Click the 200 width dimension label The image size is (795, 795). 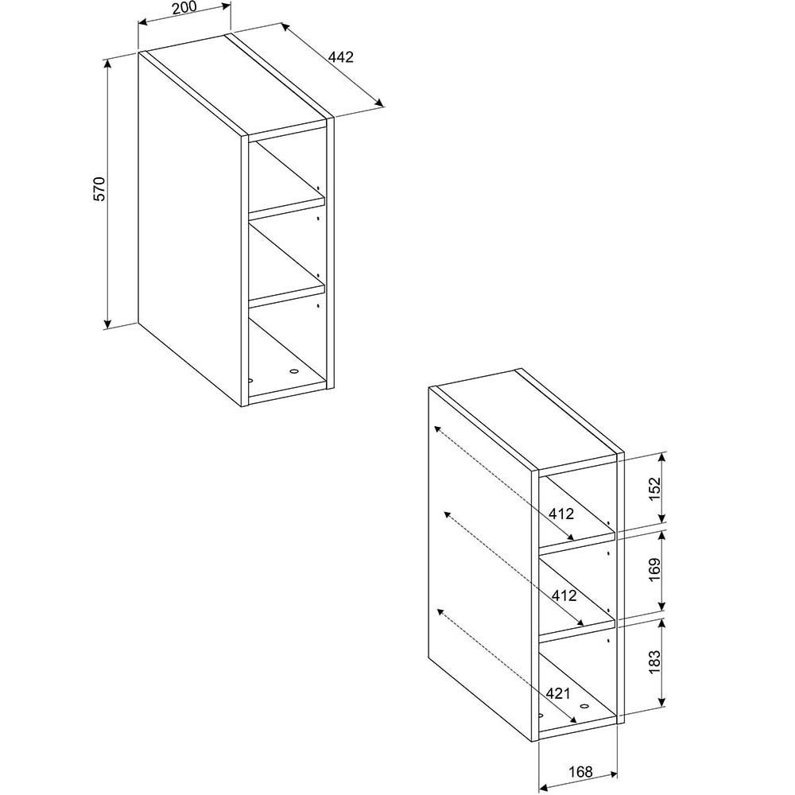184,8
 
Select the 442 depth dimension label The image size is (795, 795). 341,56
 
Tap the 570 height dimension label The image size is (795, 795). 99,188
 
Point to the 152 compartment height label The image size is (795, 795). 655,489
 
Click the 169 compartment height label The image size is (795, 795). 655,570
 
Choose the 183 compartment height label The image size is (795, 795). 655,661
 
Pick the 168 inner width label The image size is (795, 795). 580,772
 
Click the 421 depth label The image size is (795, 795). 558,693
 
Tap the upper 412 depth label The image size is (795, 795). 561,514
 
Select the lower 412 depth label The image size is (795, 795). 564,595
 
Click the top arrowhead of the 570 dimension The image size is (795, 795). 108,64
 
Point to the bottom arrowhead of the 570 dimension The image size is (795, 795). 107,323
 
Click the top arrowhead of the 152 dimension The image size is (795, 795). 661,459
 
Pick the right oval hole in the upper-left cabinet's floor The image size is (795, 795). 293,371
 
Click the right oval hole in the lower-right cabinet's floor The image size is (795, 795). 584,706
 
